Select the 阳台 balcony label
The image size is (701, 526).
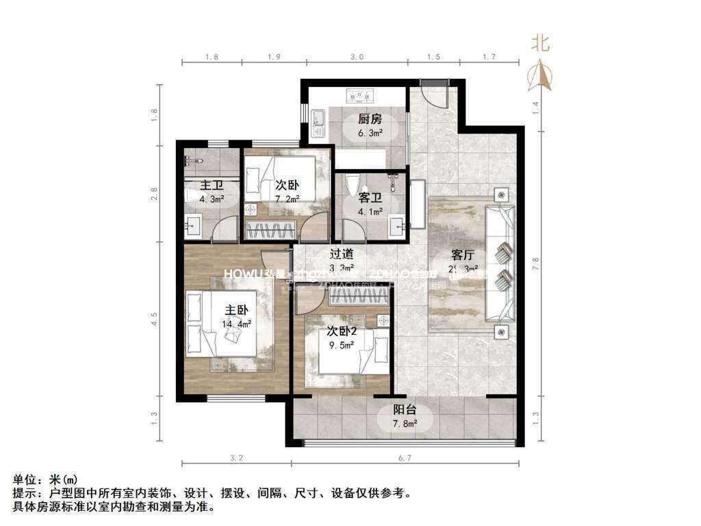coord(405,411)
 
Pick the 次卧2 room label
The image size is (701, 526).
coord(341,331)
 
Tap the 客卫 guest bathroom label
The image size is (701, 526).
coord(370,198)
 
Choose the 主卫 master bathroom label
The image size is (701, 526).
coord(212,186)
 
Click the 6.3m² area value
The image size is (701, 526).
coord(370,134)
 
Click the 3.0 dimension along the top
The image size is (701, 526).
coord(356,58)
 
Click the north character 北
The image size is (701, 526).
coord(541,45)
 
